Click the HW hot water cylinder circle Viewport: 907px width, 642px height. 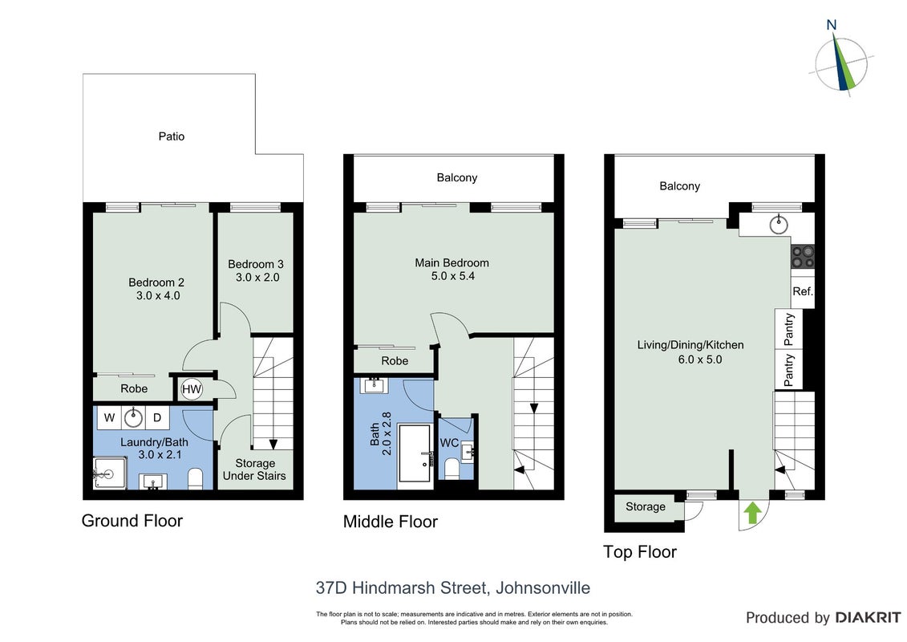coord(191,389)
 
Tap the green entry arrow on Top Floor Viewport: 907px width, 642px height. coord(751,513)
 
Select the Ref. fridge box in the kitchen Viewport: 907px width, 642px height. coord(802,291)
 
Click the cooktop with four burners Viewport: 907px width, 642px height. coord(803,257)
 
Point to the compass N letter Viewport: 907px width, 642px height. coord(832,25)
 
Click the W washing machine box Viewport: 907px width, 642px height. coord(109,417)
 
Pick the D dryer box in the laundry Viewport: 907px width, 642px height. coord(156,417)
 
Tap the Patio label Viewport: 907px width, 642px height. coord(172,136)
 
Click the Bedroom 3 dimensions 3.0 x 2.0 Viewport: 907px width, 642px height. coord(257,278)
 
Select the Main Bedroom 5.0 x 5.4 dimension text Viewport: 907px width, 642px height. coord(452,276)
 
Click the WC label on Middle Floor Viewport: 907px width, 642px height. coord(449,443)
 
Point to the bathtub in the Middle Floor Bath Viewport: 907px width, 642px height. coord(414,454)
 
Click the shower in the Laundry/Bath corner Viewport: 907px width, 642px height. coord(110,473)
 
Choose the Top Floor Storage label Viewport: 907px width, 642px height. coord(646,506)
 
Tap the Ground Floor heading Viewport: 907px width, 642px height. coord(132,521)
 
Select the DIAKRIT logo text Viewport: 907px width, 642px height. coord(868,618)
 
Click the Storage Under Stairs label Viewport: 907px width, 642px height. coord(254,469)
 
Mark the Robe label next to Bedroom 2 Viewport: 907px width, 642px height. coord(134,389)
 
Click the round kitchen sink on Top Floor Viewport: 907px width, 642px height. coord(779,224)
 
